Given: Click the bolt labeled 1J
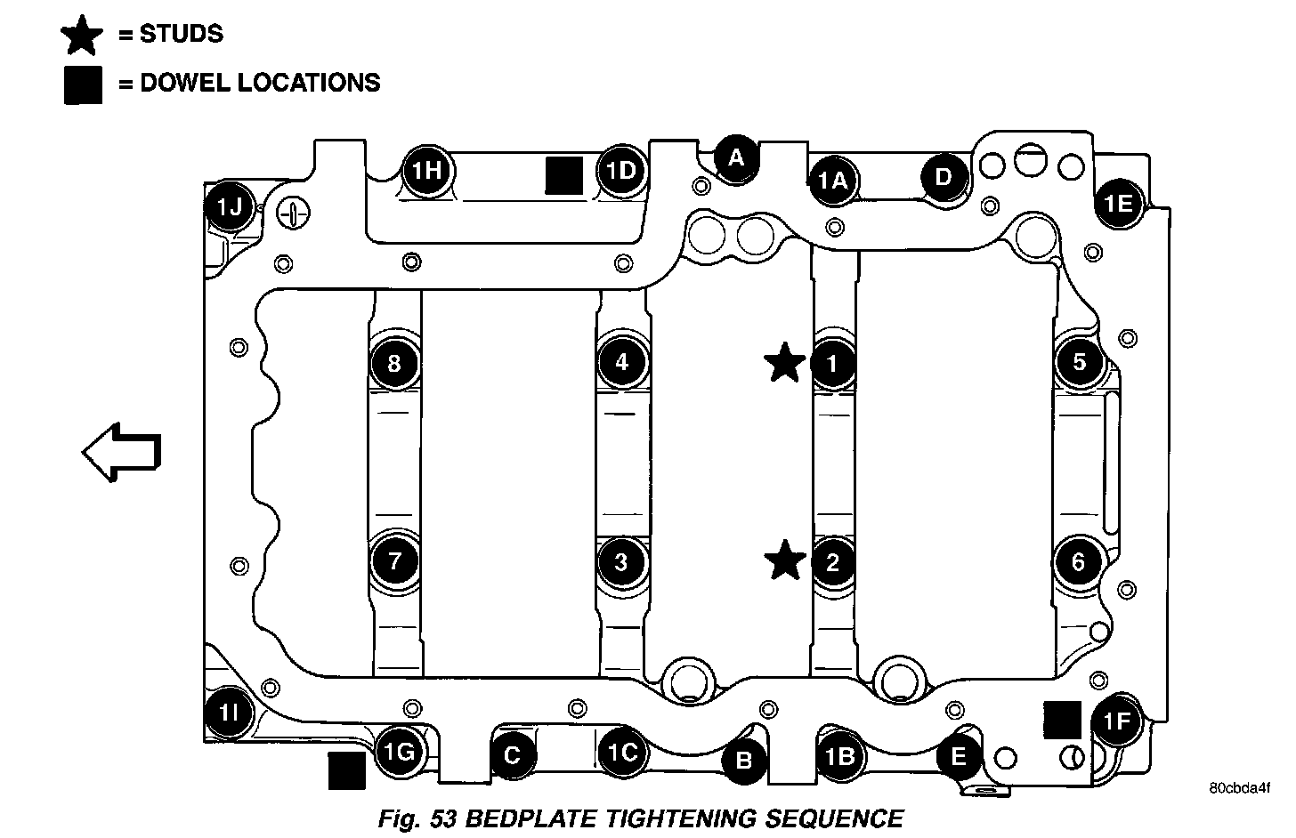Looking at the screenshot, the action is coord(230,207).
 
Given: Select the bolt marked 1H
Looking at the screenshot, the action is coord(428,170).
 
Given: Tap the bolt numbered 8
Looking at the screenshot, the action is coord(394,363).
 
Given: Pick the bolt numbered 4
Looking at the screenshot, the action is coord(621,362).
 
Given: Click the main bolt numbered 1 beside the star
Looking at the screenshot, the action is coord(833,363).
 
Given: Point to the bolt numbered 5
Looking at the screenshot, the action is coord(1080,362).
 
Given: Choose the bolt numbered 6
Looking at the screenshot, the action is coord(1079,562).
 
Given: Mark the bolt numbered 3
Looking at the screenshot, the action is coord(621,562).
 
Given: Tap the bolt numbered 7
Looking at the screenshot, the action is coord(394,562).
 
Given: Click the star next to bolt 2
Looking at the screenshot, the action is coord(785,561).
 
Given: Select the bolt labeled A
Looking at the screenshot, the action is coord(736,158).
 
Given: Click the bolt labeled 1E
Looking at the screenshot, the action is coord(1118,204).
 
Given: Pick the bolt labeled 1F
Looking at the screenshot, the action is coord(1116,721).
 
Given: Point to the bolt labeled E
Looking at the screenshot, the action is coord(959,757).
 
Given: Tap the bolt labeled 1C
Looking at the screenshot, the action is coord(622,753).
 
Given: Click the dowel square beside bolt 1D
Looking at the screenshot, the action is coord(563,174).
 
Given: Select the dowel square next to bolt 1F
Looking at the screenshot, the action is coord(1062,720).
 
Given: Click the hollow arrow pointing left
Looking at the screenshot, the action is coord(121,452).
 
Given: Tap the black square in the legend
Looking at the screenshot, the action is coord(83,85).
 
